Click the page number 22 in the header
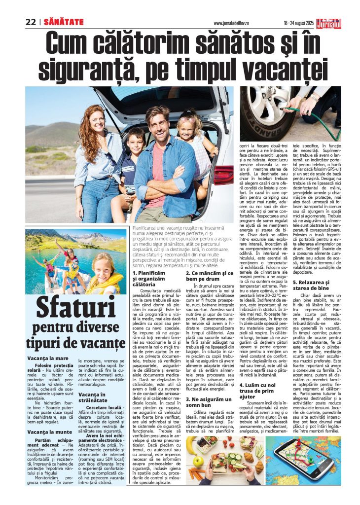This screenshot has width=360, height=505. tap(31, 22)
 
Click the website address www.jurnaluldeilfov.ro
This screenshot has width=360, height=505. tap(233, 23)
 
